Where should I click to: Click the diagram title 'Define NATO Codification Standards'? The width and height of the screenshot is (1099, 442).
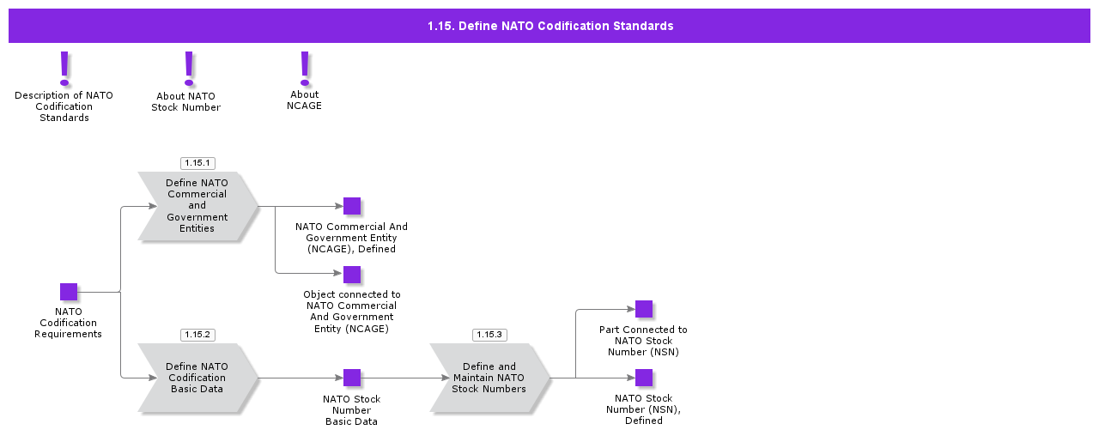[x=549, y=26]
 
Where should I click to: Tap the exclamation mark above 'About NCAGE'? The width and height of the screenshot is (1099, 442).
[x=304, y=68]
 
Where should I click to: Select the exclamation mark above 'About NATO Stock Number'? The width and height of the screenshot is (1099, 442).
[x=189, y=69]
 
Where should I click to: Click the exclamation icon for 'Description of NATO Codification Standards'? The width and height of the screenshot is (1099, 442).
[x=64, y=69]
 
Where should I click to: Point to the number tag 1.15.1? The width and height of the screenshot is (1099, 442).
[x=197, y=162]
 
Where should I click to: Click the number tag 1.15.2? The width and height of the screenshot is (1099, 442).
[x=197, y=334]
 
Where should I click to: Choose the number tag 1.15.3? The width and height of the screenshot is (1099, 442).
[x=489, y=334]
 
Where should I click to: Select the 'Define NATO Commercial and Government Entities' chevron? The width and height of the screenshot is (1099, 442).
[x=197, y=206]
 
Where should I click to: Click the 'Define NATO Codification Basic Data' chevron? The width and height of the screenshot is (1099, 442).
[x=197, y=378]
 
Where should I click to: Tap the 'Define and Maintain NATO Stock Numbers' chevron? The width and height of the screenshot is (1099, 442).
[x=489, y=378]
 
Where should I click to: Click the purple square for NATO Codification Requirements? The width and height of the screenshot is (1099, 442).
[x=69, y=292]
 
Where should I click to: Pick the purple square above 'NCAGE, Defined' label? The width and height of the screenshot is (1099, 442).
[x=352, y=206]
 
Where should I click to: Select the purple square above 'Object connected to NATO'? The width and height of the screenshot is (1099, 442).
[x=352, y=275]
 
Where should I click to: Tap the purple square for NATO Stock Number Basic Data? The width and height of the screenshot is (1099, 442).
[x=352, y=378]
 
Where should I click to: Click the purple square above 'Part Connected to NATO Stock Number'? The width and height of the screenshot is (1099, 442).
[x=644, y=309]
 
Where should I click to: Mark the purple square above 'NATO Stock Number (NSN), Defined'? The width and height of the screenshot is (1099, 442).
[x=644, y=378]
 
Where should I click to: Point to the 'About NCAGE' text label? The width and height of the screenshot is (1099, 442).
[x=304, y=100]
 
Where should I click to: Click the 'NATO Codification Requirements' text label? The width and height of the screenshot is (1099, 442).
[x=69, y=323]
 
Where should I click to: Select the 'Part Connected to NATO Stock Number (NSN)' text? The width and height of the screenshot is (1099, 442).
[x=643, y=341]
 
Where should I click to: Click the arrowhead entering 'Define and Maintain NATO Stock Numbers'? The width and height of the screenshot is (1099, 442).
[x=444, y=378]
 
